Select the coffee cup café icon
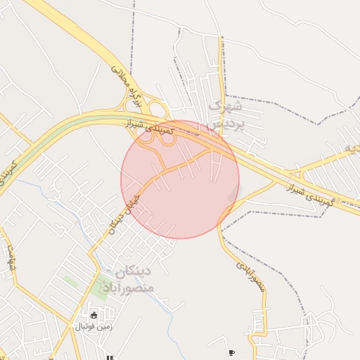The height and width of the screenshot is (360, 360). [232, 352]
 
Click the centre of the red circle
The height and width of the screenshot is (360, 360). [180, 179]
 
